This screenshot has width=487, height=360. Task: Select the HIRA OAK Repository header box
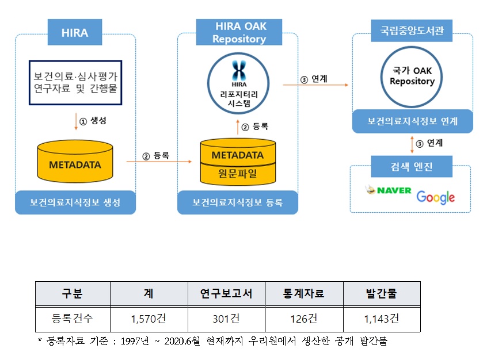pos(239,32)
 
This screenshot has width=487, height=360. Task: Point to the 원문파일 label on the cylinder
pos(238,173)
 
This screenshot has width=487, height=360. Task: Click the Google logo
pos(435,197)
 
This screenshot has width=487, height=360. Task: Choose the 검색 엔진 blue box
pos(412,167)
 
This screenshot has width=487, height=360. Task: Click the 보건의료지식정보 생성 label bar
pos(75,202)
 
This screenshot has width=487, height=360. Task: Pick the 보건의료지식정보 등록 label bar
pos(238,202)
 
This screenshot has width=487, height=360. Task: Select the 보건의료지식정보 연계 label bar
pos(412,121)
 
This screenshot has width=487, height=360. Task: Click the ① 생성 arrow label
pos(93,121)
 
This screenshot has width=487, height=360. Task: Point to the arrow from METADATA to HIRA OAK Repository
pos(158,162)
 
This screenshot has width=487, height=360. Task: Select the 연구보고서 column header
pos(227,293)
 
